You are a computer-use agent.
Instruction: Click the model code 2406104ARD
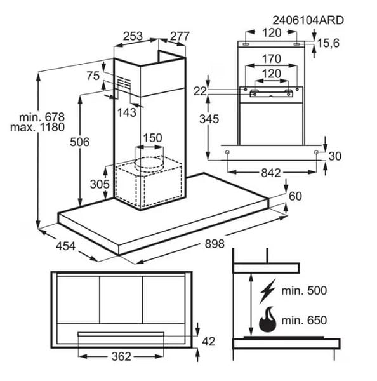(x=308, y=20)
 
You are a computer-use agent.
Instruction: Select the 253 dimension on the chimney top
(x=133, y=36)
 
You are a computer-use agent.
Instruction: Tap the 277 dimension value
(x=180, y=36)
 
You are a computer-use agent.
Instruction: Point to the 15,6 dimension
(x=328, y=43)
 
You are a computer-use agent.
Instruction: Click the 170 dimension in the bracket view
(x=272, y=59)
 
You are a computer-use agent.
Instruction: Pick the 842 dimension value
(x=271, y=173)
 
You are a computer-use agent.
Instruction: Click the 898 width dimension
(x=215, y=244)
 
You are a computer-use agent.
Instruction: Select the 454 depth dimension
(x=65, y=246)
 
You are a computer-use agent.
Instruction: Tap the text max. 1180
(x=37, y=128)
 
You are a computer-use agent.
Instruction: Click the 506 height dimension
(x=80, y=142)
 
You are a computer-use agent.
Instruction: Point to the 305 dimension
(x=100, y=184)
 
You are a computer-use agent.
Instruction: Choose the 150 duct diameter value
(x=152, y=138)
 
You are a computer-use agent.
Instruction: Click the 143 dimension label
(x=127, y=112)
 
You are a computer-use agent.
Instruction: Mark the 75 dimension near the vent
(x=93, y=76)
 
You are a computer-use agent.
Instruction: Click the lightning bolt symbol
(x=268, y=291)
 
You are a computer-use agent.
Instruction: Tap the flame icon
(x=268, y=319)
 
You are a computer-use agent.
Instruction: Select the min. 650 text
(x=304, y=320)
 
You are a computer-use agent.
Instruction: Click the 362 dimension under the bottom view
(x=121, y=356)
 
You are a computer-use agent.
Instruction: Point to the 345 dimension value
(x=209, y=119)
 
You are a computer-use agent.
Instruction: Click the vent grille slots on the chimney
(x=124, y=84)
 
